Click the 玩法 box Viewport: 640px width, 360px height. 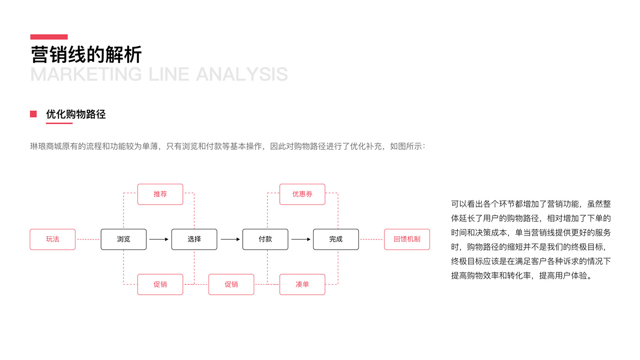pyautogui.click(x=53, y=239)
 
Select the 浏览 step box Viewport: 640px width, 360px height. pyautogui.click(x=123, y=239)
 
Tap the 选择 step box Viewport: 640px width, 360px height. pyautogui.click(x=194, y=239)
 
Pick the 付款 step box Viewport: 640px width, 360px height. pyautogui.click(x=265, y=239)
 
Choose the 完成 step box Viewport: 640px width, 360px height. pyautogui.click(x=336, y=239)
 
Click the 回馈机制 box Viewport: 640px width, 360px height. pyautogui.click(x=407, y=239)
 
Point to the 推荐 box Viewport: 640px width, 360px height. pyautogui.click(x=160, y=194)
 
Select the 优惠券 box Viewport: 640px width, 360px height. pyautogui.click(x=302, y=194)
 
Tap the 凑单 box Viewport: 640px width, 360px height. pyautogui.click(x=302, y=284)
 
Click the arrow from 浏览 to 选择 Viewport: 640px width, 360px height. pyautogui.click(x=159, y=239)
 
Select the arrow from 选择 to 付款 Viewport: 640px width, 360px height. pyautogui.click(x=230, y=239)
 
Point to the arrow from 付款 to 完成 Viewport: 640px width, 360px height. pyautogui.click(x=301, y=239)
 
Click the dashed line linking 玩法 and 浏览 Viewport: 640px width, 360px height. pyautogui.click(x=88, y=239)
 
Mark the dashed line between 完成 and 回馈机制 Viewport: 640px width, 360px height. pyautogui.click(x=371, y=239)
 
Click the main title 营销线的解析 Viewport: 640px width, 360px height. pyautogui.click(x=86, y=55)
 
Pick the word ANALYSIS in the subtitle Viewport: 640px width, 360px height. pyautogui.click(x=242, y=74)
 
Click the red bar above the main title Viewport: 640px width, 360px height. pyautogui.click(x=49, y=37)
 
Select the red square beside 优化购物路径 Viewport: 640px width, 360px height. pyautogui.click(x=33, y=114)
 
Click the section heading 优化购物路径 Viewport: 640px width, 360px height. pyautogui.click(x=76, y=114)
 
